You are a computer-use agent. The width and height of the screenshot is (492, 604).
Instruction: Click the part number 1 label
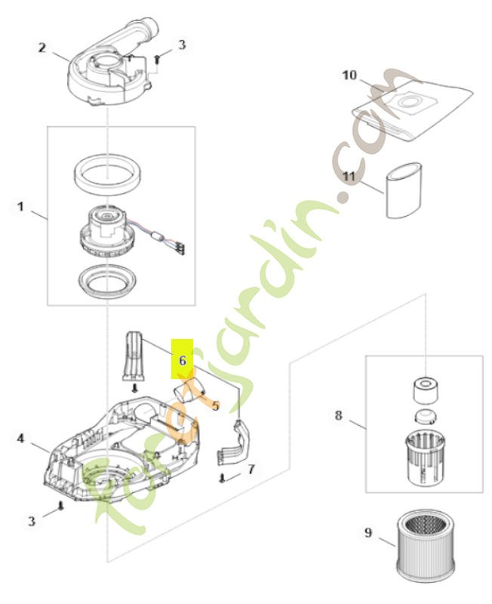coord(21,205)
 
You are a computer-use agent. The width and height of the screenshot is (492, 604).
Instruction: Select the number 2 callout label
coord(43,48)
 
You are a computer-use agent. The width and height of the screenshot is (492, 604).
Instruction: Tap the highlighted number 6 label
coord(183,360)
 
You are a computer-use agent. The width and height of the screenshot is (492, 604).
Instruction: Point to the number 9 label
coord(368,533)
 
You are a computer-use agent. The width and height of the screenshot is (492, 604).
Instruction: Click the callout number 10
coord(349,75)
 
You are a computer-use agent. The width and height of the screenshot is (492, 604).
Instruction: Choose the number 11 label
coord(348,176)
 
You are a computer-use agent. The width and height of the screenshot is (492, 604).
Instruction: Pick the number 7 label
coord(251,469)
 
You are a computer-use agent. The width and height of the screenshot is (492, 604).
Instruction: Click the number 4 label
coord(21,437)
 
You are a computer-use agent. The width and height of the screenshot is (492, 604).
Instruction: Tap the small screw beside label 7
coord(224,477)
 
